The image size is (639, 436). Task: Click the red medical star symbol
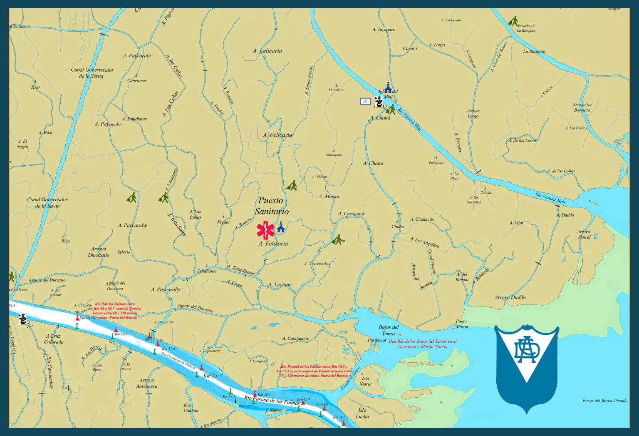(x=265, y=230)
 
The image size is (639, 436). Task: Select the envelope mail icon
(x=365, y=101)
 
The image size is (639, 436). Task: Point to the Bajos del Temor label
(x=389, y=330)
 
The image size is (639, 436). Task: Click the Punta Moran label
(x=461, y=324)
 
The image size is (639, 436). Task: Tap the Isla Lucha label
(x=362, y=413)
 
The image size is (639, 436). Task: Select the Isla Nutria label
(x=365, y=381)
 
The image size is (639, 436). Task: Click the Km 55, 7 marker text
(x=213, y=376)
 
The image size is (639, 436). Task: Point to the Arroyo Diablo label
(x=510, y=297)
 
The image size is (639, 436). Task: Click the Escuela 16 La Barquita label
(x=526, y=28)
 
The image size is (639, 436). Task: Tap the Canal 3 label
(x=410, y=48)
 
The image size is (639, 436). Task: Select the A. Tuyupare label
(x=384, y=30)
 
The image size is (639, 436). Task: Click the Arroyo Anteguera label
(x=147, y=383)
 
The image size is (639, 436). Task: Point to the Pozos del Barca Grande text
(x=605, y=401)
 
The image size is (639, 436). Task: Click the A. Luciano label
(x=280, y=285)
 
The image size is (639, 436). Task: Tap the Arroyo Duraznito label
(x=99, y=252)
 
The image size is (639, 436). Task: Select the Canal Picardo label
(x=433, y=262)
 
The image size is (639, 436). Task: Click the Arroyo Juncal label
(x=584, y=234)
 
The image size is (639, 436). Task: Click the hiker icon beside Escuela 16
(x=514, y=21)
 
